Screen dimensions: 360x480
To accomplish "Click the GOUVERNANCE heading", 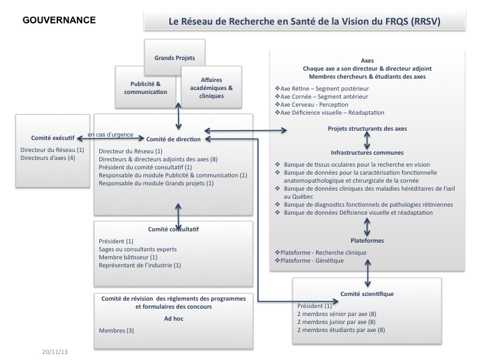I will point(59,20).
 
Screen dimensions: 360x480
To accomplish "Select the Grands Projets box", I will point(174,57).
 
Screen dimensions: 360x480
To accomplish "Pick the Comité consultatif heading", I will point(174,230).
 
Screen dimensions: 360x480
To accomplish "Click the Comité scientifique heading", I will point(367,293).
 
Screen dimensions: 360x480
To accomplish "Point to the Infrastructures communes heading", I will point(367,152).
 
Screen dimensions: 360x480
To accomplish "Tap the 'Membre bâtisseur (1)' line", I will point(128,257).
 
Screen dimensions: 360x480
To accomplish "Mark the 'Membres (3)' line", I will point(117,331).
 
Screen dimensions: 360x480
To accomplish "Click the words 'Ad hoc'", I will point(173,319).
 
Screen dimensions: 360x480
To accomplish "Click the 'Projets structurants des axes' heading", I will point(367,129).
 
